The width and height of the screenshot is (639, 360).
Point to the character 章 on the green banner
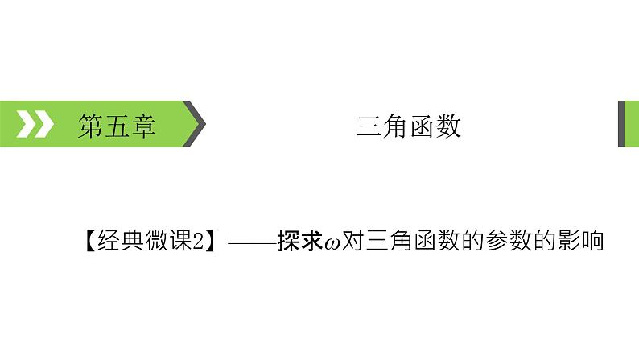142,126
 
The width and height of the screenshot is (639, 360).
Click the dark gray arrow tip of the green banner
198,125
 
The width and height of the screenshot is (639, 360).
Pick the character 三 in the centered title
369,126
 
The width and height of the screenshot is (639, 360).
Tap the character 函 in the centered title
423,126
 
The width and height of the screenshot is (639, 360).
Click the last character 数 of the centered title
449,126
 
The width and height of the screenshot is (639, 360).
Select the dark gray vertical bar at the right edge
622,124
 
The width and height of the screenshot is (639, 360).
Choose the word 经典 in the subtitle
117,241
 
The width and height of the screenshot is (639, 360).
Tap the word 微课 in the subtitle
165,241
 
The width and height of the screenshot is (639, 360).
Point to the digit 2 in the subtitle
196,241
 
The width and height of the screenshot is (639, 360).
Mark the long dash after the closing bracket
249,241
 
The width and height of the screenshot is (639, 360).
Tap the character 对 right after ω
355,241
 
